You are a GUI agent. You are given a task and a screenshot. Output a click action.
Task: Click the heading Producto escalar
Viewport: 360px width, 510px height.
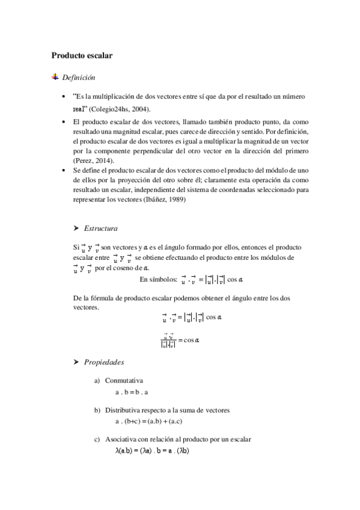82,55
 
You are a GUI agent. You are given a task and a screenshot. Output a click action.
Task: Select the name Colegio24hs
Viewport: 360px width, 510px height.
112,109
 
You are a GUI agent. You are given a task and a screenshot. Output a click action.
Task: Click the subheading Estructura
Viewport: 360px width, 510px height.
101,229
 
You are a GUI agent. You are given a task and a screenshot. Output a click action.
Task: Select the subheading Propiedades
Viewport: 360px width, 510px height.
104,362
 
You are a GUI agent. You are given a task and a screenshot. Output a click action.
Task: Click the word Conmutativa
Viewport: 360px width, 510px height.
124,381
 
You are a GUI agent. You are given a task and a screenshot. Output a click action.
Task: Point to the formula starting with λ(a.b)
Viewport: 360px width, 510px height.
152,449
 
